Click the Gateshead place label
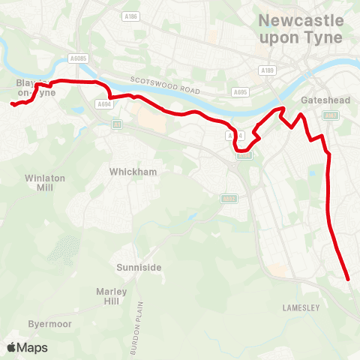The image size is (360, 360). [x=321, y=100]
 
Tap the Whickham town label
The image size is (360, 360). [x=133, y=172]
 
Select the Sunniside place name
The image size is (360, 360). [x=139, y=266]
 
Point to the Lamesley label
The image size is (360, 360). [x=301, y=307]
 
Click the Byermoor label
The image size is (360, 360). [x=49, y=324]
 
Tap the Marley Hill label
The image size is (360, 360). [x=112, y=296]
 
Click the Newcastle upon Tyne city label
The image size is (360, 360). [x=300, y=29]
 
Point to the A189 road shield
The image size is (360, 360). [x=267, y=70]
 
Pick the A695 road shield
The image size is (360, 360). [x=241, y=92]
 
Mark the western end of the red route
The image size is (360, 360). [x=12, y=104]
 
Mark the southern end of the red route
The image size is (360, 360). [x=349, y=279]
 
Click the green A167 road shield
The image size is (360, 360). [x=330, y=115]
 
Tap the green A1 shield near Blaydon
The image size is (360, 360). [x=117, y=124]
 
